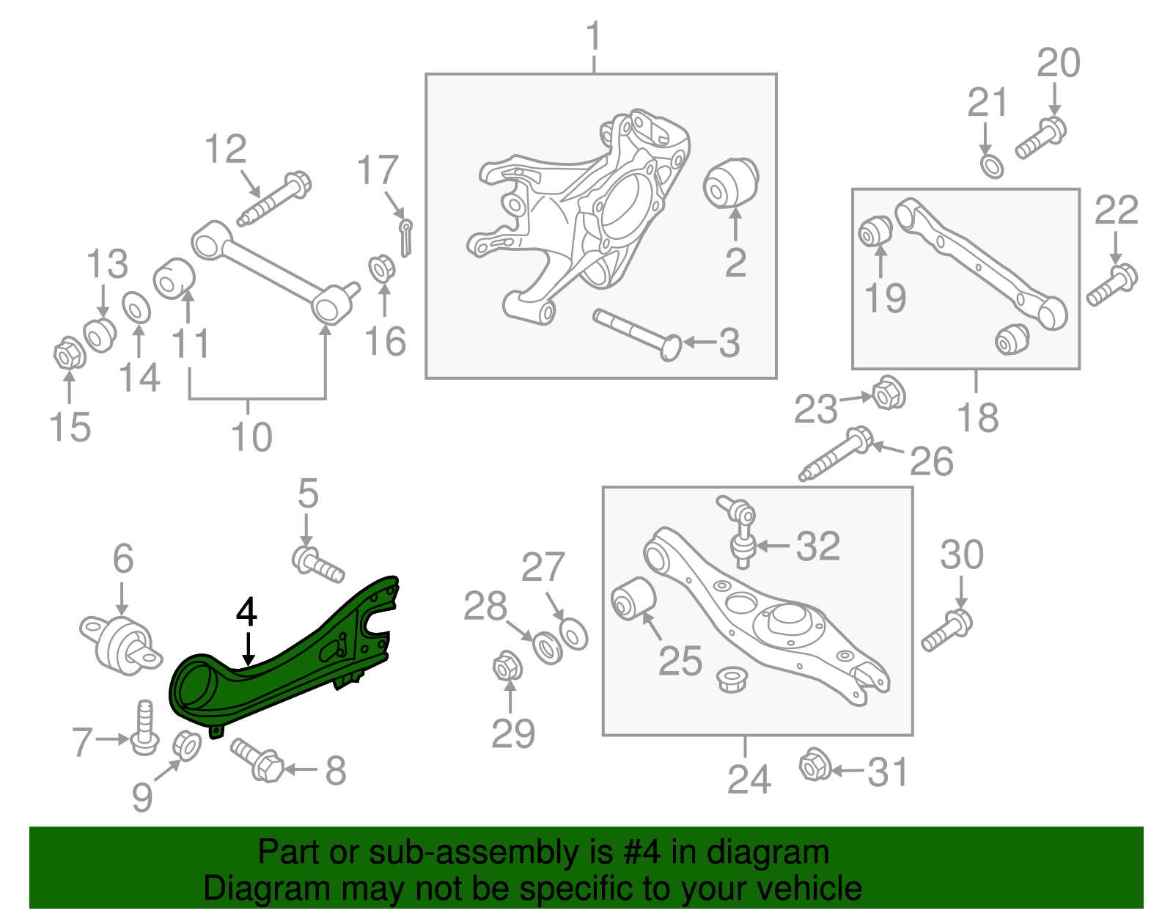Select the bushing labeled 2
coord(730,183)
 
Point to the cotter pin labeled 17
coord(405,236)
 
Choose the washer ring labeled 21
coord(992,166)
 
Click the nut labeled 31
coord(814,766)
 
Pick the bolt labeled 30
coord(946,631)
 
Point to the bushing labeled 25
coord(632,598)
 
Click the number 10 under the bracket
coord(251,437)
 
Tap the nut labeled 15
coord(69,355)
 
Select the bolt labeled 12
coord(276,198)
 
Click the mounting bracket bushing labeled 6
coord(121,644)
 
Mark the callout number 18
coord(978,417)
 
